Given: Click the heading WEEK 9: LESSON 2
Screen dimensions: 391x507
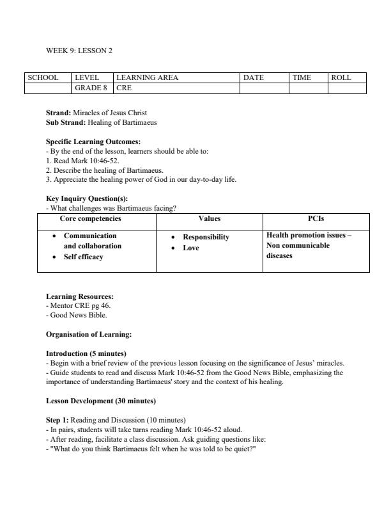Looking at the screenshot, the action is click(79, 50).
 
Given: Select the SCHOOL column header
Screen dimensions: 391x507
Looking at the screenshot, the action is click(43, 77).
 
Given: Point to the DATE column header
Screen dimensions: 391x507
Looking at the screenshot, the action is click(254, 77).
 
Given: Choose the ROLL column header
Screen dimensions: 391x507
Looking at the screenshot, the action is click(341, 77).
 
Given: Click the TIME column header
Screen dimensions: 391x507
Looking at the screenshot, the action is click(302, 77).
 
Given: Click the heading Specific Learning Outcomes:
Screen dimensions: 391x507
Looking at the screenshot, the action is click(93, 141).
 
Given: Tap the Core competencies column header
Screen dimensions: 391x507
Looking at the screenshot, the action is click(90, 219).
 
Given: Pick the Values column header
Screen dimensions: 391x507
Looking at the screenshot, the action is click(210, 219).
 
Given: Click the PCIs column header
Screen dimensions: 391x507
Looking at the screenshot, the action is click(316, 219).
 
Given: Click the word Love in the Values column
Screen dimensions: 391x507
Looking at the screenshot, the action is click(191, 248).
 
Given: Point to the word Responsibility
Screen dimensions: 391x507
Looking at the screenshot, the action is click(206, 237).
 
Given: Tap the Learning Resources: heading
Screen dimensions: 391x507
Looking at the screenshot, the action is click(80, 296).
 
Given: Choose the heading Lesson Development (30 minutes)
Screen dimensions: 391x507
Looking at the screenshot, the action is click(100, 401).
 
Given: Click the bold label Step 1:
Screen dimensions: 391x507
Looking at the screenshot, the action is click(57, 420).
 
